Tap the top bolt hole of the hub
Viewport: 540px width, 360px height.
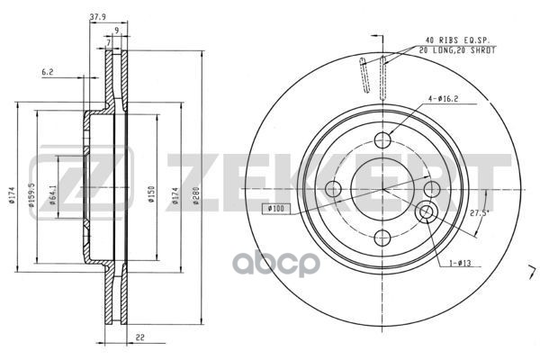click(382, 139)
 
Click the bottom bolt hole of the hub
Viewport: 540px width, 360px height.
click(382, 238)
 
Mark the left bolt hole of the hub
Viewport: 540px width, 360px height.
click(333, 189)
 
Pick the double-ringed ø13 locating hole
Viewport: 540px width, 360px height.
click(427, 213)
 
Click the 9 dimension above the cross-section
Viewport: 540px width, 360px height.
click(117, 29)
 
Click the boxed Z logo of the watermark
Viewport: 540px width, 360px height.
click(80, 178)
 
